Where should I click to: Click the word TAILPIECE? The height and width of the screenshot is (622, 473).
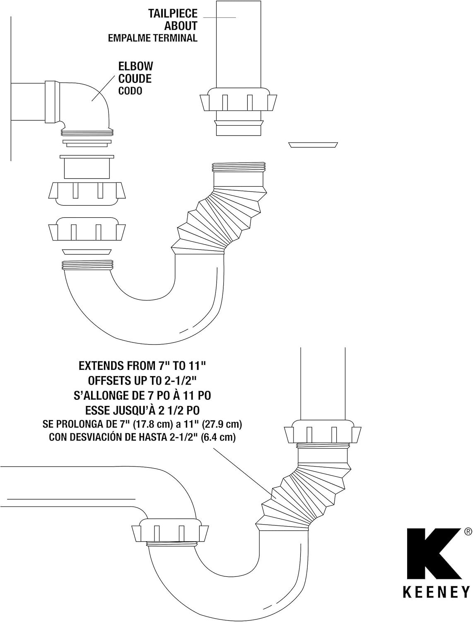[173, 14]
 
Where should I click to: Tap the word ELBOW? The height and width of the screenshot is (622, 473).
[135, 66]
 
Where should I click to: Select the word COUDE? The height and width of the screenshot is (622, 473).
[135, 79]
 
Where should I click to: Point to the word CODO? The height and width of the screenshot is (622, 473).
[130, 91]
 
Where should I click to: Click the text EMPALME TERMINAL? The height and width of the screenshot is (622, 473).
[153, 38]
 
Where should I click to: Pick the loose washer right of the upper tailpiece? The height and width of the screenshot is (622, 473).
[313, 145]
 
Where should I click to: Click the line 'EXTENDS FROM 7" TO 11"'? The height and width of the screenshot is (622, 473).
[142, 366]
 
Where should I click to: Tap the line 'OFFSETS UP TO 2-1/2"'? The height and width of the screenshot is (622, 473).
[142, 381]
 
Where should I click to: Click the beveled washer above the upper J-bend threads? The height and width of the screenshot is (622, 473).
[87, 252]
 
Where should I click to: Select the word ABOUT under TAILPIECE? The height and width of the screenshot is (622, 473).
[181, 26]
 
